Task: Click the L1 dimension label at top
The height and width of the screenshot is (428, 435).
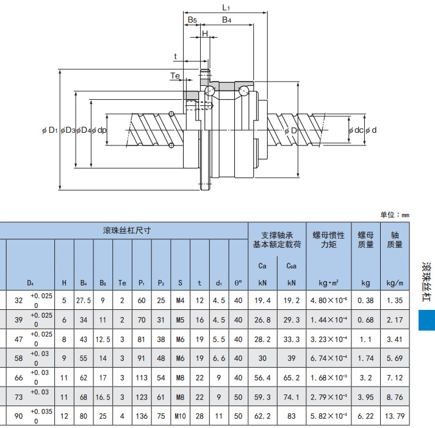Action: (226, 8)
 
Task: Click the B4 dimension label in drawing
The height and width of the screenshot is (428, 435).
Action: (226, 20)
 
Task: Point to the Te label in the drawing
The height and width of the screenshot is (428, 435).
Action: (175, 75)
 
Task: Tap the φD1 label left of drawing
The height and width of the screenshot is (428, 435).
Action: (50, 130)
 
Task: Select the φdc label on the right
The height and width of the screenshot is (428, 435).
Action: (356, 130)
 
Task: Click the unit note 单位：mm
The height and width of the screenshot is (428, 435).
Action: (395, 215)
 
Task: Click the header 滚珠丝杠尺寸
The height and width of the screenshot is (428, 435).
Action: (126, 231)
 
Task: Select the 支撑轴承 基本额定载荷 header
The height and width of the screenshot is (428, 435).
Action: (278, 239)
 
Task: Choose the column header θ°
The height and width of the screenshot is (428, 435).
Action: (238, 282)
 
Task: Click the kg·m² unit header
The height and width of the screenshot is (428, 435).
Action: (329, 282)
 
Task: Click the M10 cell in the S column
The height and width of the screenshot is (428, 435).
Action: (180, 416)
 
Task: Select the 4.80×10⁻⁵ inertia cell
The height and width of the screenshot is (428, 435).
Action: (329, 300)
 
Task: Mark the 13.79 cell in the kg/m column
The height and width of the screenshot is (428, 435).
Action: (395, 416)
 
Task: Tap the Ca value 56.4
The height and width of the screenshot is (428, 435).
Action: (262, 377)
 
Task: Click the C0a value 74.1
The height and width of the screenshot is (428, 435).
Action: (292, 397)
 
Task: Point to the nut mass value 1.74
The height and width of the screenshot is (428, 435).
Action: (366, 358)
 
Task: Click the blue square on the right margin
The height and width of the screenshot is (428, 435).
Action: (426, 319)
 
